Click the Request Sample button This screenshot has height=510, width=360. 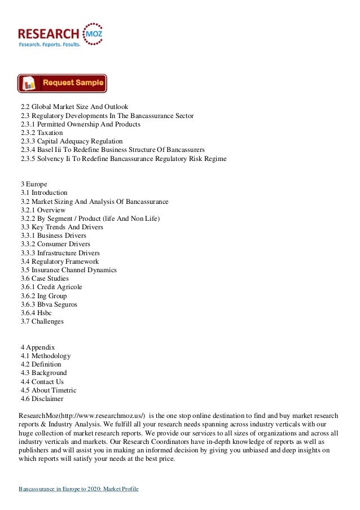coord(62,83)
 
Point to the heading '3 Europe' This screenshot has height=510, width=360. coord(34,184)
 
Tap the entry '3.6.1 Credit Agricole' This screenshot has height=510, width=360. coord(51,287)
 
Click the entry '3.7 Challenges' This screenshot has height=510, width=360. coord(42,322)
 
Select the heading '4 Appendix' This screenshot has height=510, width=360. coord(38,347)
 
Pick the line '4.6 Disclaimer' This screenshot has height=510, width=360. coord(43,399)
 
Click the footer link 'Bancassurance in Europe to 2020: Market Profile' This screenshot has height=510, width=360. coord(78,487)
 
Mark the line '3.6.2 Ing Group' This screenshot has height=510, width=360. coord(43,296)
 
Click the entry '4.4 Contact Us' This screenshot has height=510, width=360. coord(42,382)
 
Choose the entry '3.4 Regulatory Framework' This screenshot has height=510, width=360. coord(60,261)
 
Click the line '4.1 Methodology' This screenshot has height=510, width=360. coord(46,356)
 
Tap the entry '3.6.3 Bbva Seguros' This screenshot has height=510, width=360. coord(49,304)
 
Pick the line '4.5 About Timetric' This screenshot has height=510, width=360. coord(49,390)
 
